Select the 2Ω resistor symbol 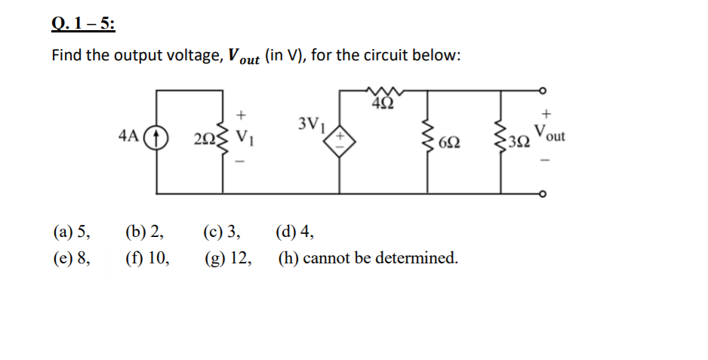[x=223, y=140]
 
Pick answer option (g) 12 [x=228, y=258]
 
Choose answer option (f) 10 [x=147, y=258]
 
